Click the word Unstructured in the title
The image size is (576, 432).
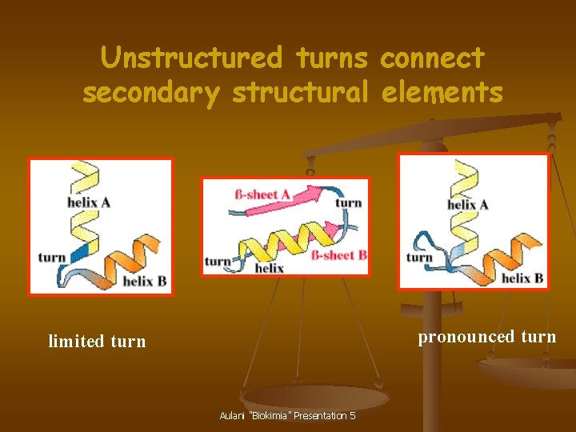tap(191, 58)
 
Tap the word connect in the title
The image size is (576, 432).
tap(432, 58)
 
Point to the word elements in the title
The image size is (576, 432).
tap(442, 93)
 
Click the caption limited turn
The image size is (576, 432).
tap(97, 342)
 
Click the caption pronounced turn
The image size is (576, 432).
tap(486, 336)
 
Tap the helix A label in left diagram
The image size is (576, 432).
tap(89, 202)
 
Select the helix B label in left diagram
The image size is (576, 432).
tap(144, 282)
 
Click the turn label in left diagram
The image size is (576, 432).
tap(52, 258)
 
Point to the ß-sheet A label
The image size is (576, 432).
tap(262, 194)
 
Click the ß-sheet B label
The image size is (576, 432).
tap(338, 255)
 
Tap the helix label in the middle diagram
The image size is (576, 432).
tap(269, 268)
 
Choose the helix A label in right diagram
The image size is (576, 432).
tap(468, 205)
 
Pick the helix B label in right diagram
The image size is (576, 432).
tap(522, 278)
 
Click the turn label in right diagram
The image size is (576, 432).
tap(419, 258)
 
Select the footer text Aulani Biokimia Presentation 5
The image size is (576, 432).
tap(287, 416)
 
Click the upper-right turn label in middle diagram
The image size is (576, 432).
tap(349, 202)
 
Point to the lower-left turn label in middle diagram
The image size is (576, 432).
tap(218, 261)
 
